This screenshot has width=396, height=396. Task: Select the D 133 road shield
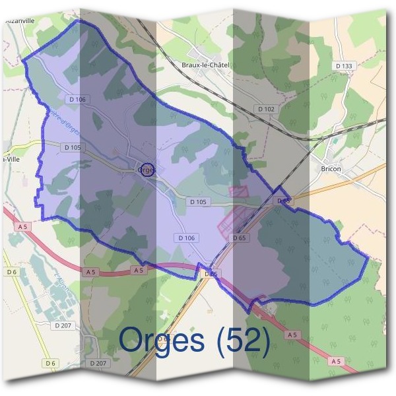click(344, 65)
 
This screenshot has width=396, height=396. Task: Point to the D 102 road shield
click(266, 108)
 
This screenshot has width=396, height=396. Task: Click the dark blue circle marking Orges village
click(148, 170)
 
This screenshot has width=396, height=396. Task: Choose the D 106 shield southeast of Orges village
click(187, 238)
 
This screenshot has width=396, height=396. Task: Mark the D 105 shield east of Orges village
click(198, 201)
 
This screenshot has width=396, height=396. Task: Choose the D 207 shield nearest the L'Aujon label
click(63, 325)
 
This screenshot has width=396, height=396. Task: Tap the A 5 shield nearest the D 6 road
click(23, 226)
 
